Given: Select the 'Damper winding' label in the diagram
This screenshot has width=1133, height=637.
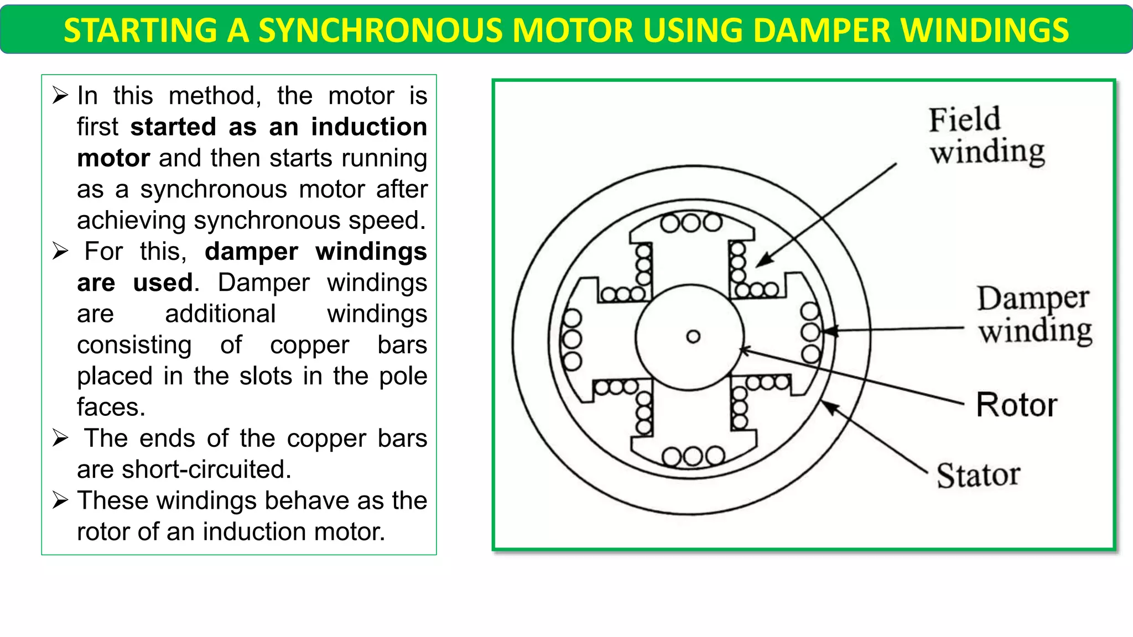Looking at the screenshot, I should point(1033,314).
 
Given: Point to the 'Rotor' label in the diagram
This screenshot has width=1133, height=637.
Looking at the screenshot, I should point(1016,405).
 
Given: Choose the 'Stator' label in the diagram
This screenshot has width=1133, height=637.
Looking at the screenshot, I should point(978,474).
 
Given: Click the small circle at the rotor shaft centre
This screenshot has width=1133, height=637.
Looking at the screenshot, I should point(693,336).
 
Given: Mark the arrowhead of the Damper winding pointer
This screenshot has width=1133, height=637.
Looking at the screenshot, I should point(828,331).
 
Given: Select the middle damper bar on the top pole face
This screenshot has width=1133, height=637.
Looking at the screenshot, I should point(691,223).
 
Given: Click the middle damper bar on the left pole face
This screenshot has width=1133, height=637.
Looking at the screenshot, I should point(571,338).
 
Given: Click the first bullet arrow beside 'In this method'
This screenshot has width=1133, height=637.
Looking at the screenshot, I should point(60,96).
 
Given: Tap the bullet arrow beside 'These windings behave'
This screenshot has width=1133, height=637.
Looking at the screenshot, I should point(60,500).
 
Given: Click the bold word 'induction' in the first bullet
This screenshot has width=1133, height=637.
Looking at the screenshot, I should point(368,127).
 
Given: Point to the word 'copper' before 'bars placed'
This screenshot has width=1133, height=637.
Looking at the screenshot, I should point(309,345).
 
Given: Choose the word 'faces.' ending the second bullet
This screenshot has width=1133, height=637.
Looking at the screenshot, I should point(111,407).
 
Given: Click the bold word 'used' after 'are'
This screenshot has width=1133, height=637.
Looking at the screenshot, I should point(163,283).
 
